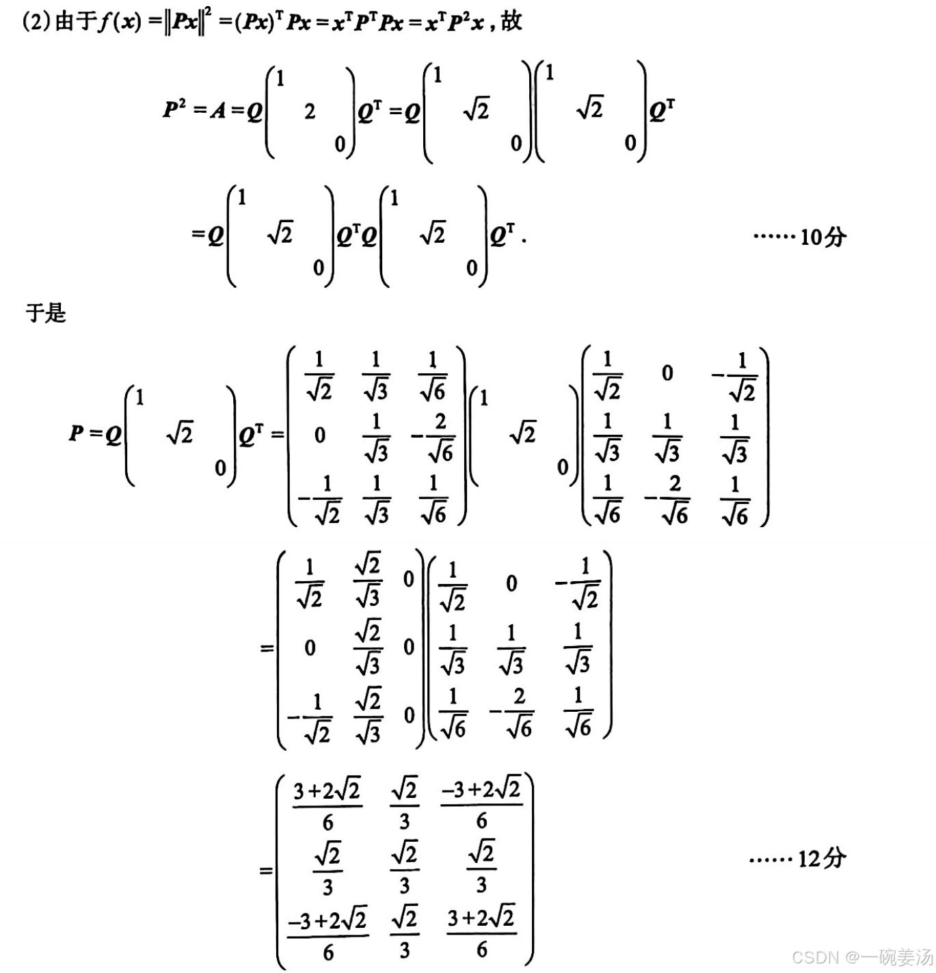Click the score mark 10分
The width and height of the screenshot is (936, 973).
[x=823, y=237]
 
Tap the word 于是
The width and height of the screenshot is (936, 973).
[x=46, y=313]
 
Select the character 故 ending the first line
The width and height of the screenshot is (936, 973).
[x=511, y=21]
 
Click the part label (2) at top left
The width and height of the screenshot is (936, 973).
[x=36, y=22]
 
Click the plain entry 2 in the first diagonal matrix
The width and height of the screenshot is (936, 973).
[x=310, y=111]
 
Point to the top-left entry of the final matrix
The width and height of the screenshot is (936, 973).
[x=327, y=805]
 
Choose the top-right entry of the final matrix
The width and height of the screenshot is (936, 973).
[x=481, y=805]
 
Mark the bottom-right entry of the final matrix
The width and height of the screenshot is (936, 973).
[x=481, y=933]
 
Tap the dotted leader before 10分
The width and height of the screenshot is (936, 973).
[x=773, y=237]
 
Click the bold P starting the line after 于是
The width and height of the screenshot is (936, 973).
[x=77, y=434]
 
